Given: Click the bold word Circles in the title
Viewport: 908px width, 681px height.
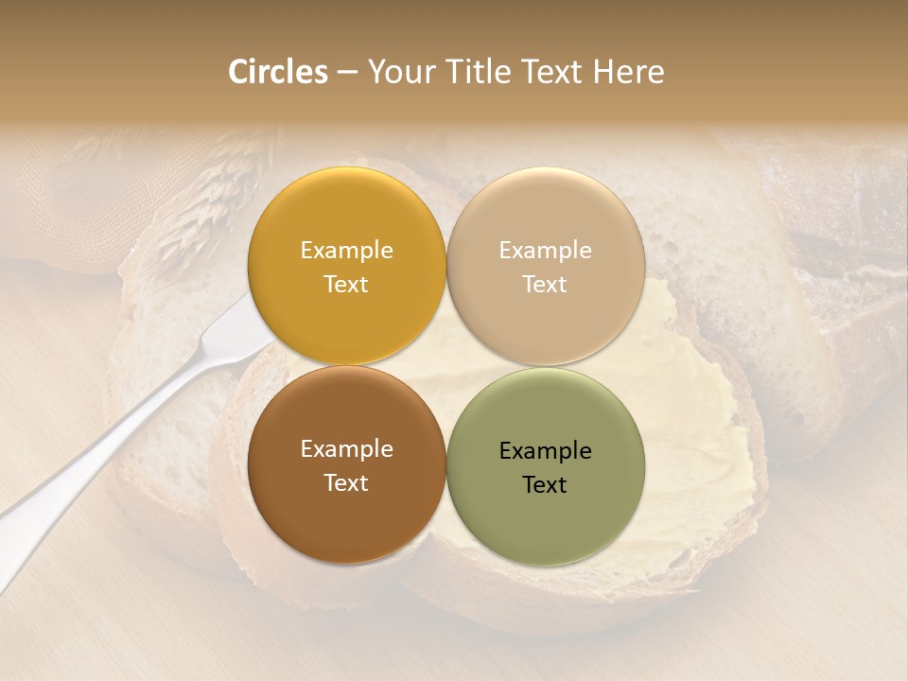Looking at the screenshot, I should point(277,72).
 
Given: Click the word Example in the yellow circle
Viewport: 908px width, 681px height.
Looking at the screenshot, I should point(346,251).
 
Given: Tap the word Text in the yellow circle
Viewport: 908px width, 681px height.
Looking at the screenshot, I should point(346,285).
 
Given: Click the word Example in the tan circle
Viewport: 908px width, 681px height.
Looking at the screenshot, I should point(546,251).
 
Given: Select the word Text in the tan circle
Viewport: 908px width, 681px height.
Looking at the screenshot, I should point(546,285).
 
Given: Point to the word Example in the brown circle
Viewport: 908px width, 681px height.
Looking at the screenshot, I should point(346,449).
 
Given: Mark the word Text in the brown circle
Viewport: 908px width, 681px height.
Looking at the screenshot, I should point(346,483).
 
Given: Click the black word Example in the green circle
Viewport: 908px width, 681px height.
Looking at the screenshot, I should point(546,451).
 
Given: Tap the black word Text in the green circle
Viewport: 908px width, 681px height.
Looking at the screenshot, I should point(546,485).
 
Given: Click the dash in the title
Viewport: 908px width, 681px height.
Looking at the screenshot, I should point(347,73).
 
